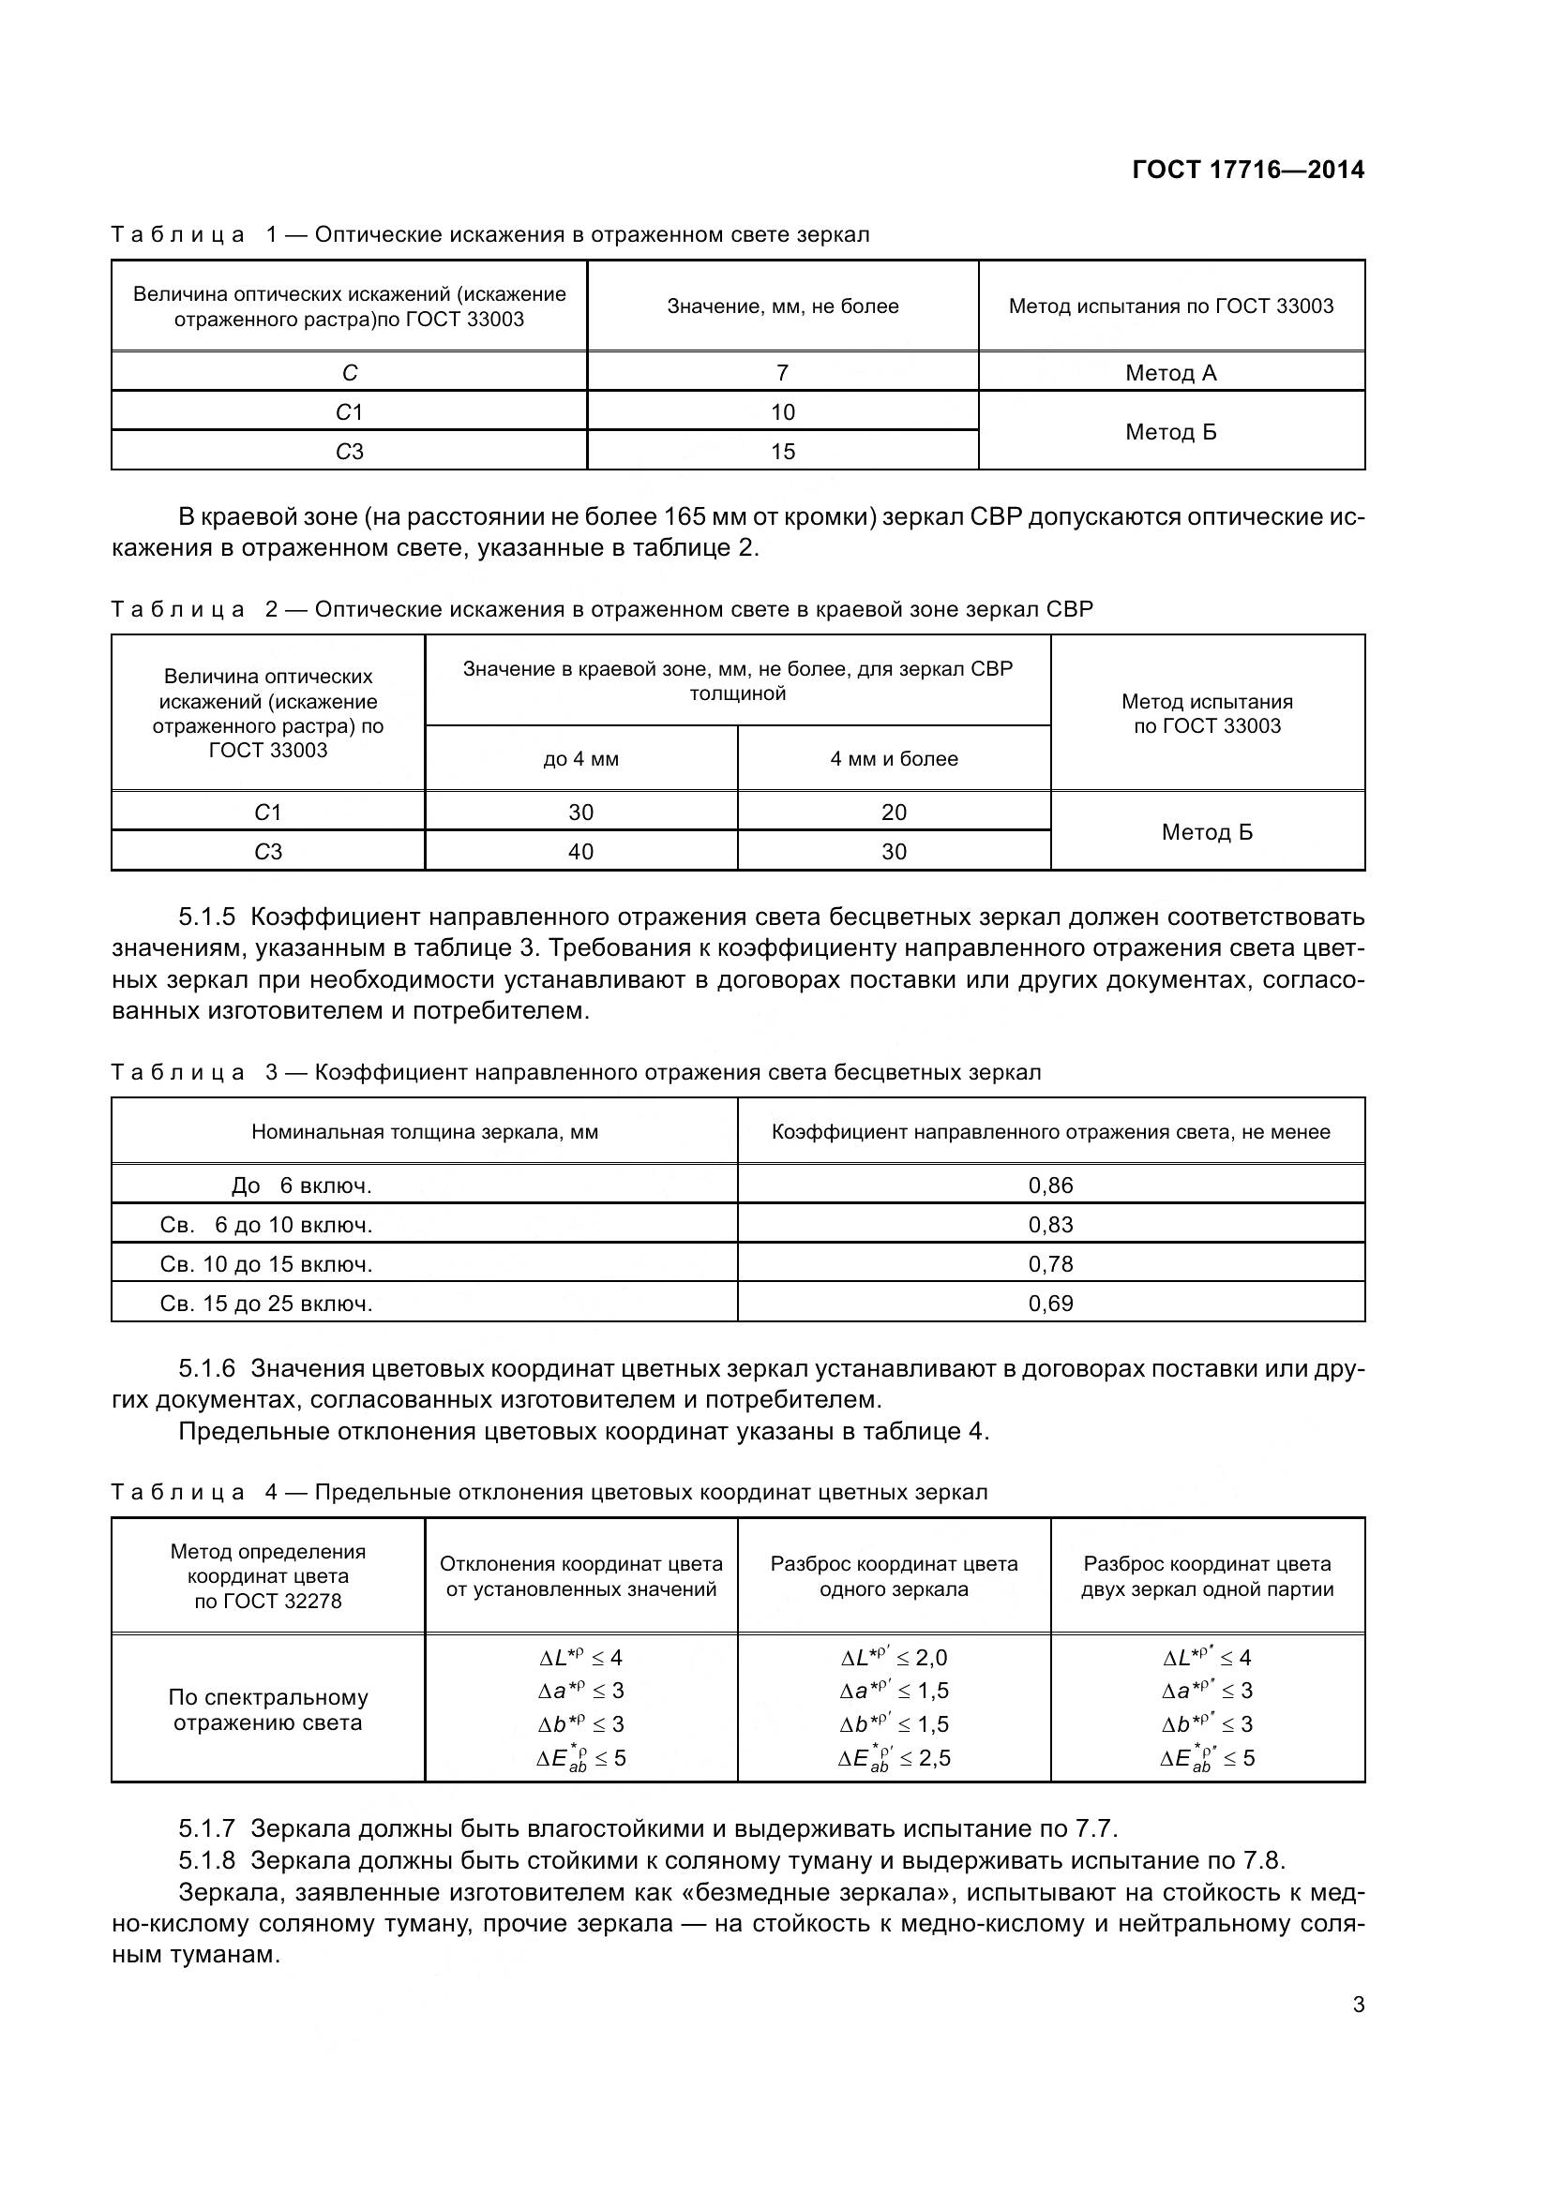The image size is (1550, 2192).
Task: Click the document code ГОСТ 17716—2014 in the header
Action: (x=1247, y=170)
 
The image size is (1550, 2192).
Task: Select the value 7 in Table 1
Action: (x=782, y=372)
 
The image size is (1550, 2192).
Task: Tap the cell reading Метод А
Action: (x=1171, y=373)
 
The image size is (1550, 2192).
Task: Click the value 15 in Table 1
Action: (x=782, y=452)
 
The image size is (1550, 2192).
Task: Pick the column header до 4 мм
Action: (x=580, y=759)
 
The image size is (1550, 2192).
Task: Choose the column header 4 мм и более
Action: (x=894, y=759)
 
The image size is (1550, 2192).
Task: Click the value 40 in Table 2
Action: (x=580, y=852)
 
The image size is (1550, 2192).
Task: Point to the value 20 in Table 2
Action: (x=894, y=813)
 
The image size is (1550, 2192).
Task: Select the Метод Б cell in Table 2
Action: (x=1207, y=832)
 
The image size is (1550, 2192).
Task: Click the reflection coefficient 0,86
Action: (x=1050, y=1185)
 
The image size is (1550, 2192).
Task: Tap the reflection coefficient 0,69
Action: (x=1050, y=1304)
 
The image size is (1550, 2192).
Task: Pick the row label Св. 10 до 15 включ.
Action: (x=266, y=1264)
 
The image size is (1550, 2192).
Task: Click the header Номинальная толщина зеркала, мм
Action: (x=425, y=1132)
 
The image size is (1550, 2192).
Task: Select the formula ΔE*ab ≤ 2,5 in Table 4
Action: (x=894, y=1758)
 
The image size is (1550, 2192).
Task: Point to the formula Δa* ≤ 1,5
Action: (x=894, y=1691)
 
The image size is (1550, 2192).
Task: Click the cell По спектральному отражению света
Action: (x=267, y=1710)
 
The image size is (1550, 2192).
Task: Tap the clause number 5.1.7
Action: (x=206, y=1829)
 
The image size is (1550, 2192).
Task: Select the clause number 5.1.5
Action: (x=206, y=917)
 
